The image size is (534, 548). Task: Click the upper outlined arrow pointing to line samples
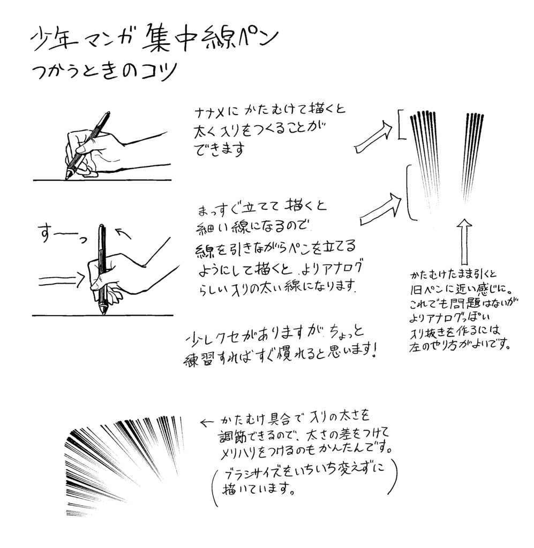373,138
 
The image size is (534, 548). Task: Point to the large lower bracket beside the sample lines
409,193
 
